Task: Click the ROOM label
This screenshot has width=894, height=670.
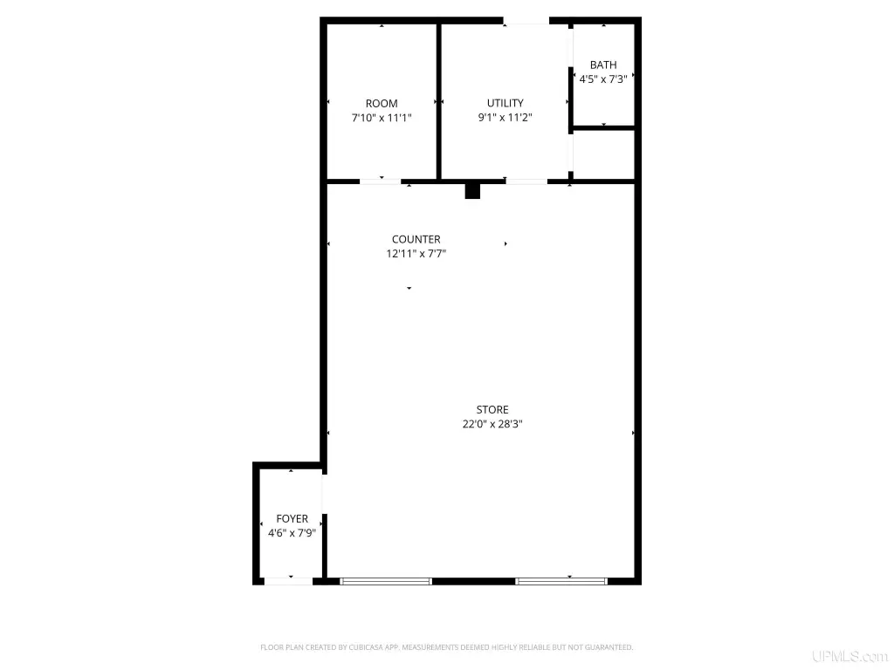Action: tap(382, 104)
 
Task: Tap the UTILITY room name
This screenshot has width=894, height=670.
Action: tap(505, 103)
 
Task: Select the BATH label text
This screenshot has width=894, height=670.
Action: tap(603, 65)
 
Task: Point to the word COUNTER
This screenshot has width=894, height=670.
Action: tap(416, 239)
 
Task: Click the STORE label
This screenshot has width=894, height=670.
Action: tap(492, 410)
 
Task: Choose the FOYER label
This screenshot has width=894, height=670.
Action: tap(292, 519)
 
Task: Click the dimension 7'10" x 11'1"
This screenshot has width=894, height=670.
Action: tap(382, 118)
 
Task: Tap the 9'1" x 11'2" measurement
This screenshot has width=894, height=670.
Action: tap(505, 118)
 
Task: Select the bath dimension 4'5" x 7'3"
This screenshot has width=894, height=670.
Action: tap(603, 79)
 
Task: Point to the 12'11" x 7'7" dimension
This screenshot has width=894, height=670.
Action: tap(416, 254)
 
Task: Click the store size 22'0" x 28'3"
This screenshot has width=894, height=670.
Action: tap(492, 424)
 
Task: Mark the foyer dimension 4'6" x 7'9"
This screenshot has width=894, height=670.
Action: tap(292, 533)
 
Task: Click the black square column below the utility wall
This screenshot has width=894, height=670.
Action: tap(472, 191)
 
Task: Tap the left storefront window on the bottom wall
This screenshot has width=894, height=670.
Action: tap(386, 582)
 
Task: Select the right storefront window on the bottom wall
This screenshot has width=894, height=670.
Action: tap(561, 582)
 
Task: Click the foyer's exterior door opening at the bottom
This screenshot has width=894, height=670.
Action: tap(288, 582)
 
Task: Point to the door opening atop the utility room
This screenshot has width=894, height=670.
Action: tap(526, 21)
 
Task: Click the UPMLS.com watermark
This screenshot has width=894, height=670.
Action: tap(850, 656)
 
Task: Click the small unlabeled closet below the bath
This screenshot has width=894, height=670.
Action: tap(604, 154)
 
